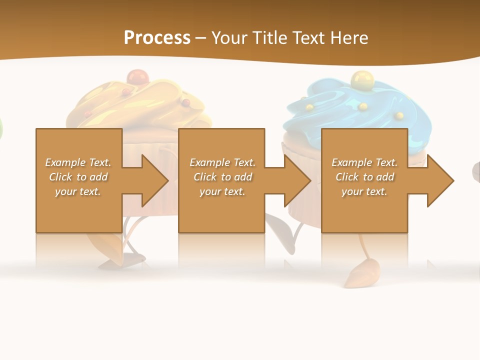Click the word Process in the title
click(157, 38)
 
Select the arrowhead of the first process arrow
click(155, 180)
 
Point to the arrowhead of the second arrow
click(297, 180)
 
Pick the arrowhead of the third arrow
click(440, 180)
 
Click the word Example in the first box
click(65, 162)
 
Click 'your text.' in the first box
click(78, 191)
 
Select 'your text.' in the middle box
click(222, 191)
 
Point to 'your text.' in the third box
click(364, 191)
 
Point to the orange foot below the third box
click(361, 274)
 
